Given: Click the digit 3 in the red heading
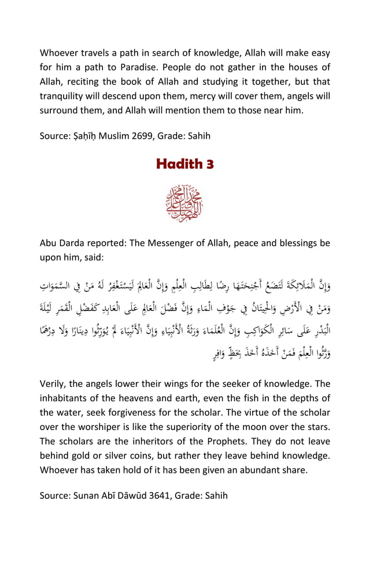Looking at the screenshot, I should coord(209,164).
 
